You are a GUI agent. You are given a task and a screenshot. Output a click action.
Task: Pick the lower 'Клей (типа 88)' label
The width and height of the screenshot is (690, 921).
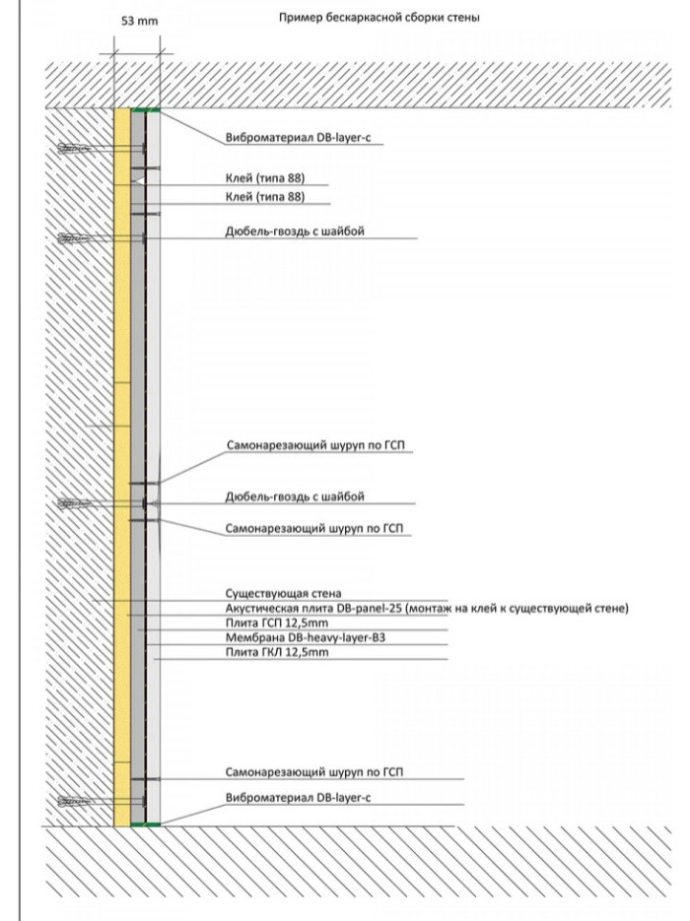(264, 197)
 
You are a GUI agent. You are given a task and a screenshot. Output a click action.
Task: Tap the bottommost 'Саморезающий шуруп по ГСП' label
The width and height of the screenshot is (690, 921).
(313, 770)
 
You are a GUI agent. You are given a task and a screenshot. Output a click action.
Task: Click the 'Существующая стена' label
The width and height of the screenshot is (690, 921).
(283, 593)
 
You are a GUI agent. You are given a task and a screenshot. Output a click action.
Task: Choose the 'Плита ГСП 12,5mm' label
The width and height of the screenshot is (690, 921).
(275, 623)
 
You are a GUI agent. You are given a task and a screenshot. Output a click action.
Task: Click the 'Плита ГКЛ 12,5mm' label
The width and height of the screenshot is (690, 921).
(275, 652)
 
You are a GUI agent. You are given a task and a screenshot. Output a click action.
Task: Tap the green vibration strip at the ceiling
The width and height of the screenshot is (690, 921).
(145, 109)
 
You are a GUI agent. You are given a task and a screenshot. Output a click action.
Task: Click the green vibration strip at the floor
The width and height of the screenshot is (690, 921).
(145, 823)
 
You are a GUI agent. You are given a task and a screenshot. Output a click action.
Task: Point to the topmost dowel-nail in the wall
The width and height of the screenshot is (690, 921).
(75, 149)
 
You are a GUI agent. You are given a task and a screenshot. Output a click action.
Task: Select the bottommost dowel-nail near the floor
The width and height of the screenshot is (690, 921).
(75, 801)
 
